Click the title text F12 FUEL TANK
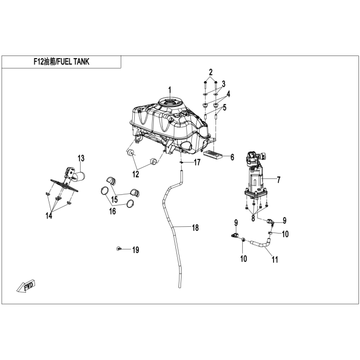(x=61, y=62)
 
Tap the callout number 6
(x=232, y=157)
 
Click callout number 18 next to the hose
(x=194, y=227)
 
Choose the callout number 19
(x=135, y=250)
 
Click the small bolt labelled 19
(x=119, y=248)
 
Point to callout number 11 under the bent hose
(x=275, y=260)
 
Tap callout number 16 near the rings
(x=112, y=211)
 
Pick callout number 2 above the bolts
(x=211, y=71)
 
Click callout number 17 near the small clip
(x=197, y=163)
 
